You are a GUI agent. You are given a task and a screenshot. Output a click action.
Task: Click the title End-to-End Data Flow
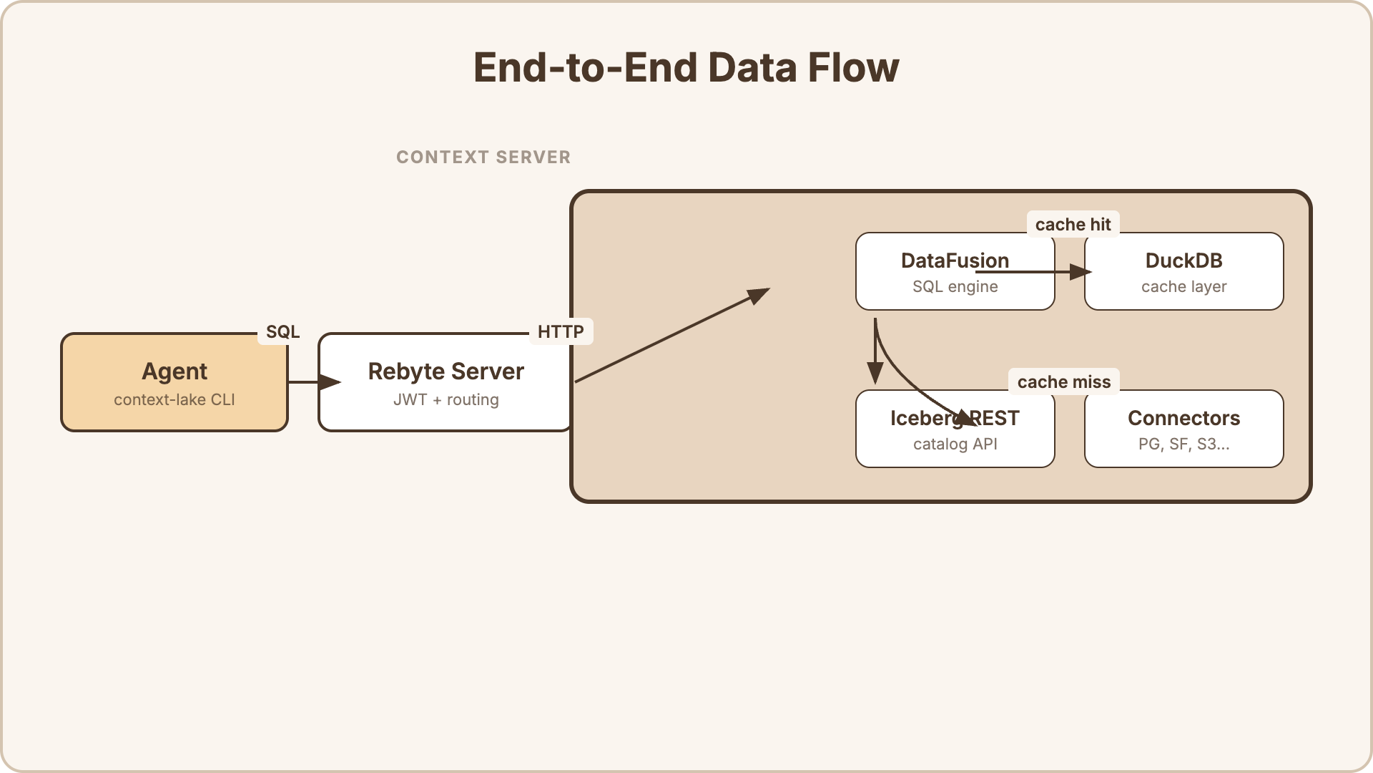pos(686,68)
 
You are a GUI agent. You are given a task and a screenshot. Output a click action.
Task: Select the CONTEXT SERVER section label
pos(483,157)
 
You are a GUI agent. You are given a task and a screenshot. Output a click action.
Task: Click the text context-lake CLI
pos(174,400)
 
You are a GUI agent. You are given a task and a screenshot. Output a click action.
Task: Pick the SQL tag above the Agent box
pos(282,332)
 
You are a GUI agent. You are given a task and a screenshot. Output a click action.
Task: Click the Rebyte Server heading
pos(446,371)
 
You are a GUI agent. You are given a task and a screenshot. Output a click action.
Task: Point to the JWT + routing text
pos(446,400)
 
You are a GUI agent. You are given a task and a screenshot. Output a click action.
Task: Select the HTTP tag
pos(561,332)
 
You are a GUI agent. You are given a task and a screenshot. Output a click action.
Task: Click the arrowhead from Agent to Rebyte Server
pos(330,382)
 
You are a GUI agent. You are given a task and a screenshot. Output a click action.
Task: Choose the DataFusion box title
pos(955,261)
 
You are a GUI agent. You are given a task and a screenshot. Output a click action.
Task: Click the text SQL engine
pos(955,287)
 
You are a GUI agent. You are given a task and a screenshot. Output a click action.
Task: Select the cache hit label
pos(1073,225)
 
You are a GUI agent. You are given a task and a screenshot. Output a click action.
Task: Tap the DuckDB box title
pos(1183,261)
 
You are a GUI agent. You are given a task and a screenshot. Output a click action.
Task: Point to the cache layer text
pos(1183,287)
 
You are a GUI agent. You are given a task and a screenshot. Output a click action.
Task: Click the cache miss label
pos(1063,382)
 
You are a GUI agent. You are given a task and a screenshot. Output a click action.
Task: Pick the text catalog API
pos(955,444)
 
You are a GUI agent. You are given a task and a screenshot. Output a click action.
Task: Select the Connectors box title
pos(1183,418)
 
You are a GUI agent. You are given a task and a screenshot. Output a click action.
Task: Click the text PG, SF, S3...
pos(1183,444)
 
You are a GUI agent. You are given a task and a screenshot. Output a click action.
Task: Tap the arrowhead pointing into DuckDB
pos(1081,272)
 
